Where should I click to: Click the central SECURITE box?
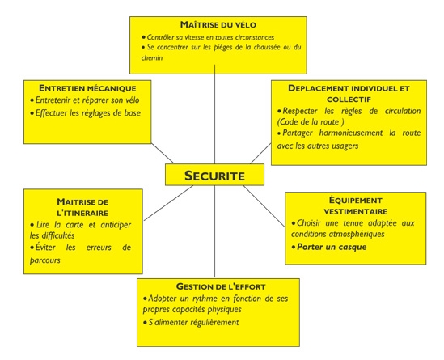point(214,175)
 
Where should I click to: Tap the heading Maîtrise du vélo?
point(218,24)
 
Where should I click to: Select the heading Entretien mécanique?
point(87,88)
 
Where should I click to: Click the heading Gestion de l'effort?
point(221,286)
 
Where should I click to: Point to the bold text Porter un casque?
point(332,247)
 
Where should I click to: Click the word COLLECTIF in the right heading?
point(349,100)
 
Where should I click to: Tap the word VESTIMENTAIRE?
point(356,212)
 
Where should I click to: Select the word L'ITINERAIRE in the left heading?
point(82,213)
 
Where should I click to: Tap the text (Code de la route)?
point(311,122)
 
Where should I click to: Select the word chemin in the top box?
point(152,57)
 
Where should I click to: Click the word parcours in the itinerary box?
point(45,260)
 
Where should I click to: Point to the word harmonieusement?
point(351,133)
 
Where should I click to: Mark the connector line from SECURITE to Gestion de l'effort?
point(214,231)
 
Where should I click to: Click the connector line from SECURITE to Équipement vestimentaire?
point(264,206)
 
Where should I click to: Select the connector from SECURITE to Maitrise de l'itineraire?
point(168,203)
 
